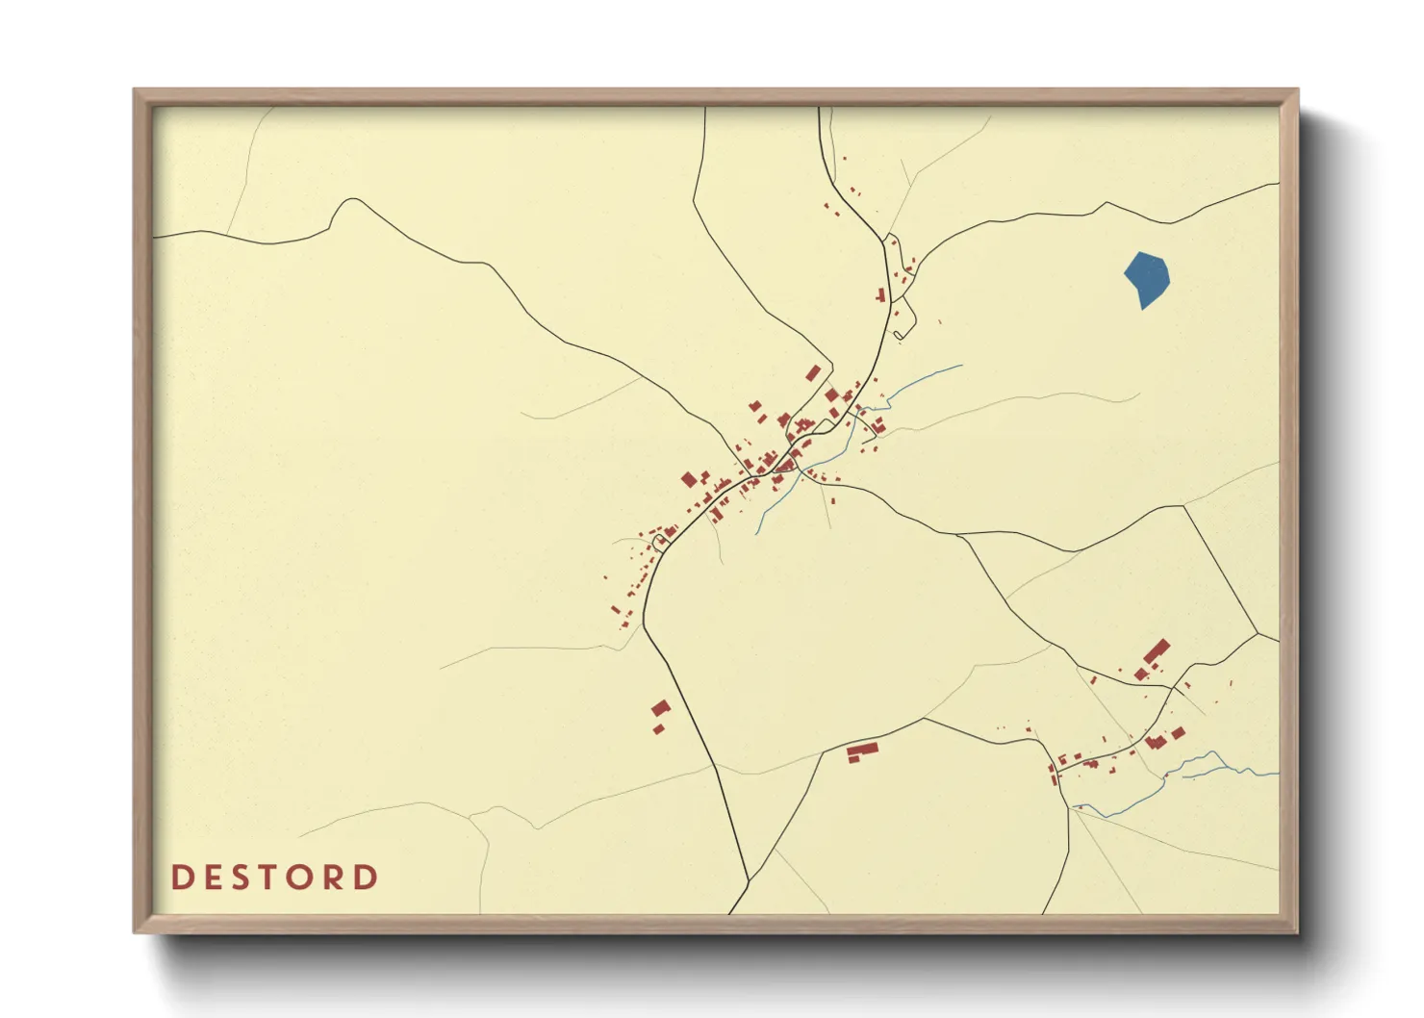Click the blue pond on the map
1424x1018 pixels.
[x=1147, y=278]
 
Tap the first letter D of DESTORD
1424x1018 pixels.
[x=181, y=878]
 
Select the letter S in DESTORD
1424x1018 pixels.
[x=246, y=878]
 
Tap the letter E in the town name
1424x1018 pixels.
[x=214, y=878]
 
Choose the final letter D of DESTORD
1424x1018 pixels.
[x=367, y=878]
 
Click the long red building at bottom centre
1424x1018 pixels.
[x=862, y=751]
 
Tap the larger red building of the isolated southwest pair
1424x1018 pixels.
[x=660, y=709]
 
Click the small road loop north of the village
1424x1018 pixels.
[x=898, y=335]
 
